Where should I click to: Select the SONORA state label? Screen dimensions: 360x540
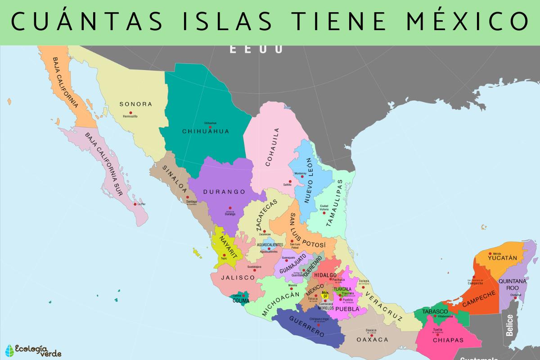click(135, 104)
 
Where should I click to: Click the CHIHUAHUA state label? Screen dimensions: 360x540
click(206, 131)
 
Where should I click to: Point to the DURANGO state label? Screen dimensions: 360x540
click(224, 192)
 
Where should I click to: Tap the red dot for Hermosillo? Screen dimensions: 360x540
click(130, 112)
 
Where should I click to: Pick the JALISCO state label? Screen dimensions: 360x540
click(238, 278)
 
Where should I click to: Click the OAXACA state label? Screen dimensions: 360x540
click(372, 340)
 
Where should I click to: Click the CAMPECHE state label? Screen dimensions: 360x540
click(479, 301)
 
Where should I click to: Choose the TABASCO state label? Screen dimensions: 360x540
click(435, 311)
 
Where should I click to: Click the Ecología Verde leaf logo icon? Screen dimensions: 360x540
click(9, 350)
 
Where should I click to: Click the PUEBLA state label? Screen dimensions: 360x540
click(347, 309)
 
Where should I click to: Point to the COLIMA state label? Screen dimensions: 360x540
click(241, 301)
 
